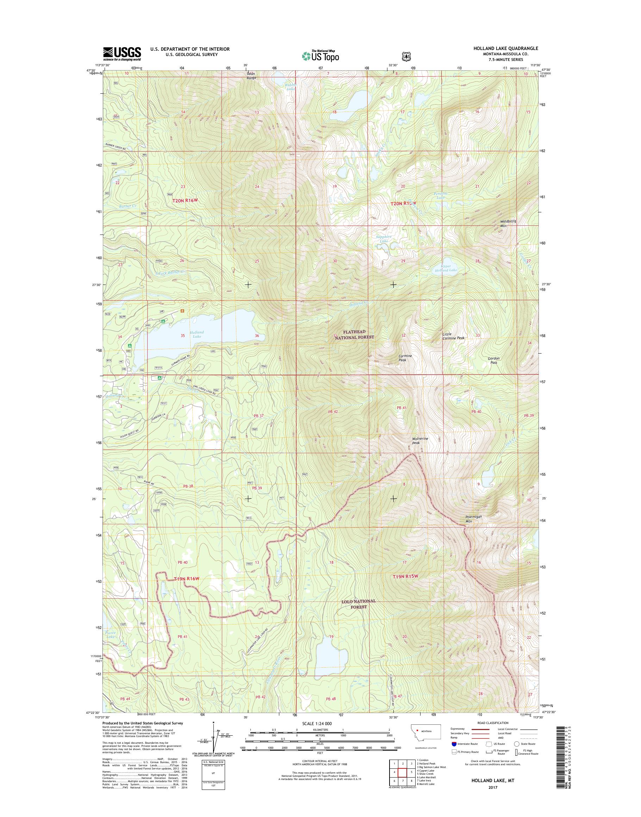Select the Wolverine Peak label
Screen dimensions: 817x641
[x=420, y=441]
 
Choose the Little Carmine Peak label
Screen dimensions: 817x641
[x=453, y=336]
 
